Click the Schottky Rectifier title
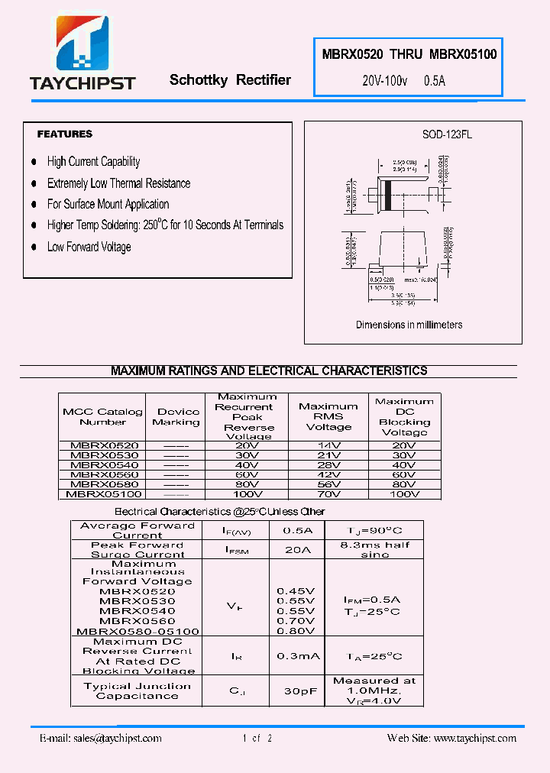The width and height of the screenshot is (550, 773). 230,80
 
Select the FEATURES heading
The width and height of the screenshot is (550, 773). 65,134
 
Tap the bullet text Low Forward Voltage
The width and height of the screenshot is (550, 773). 89,247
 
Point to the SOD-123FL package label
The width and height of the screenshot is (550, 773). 447,134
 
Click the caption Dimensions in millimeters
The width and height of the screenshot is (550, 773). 409,325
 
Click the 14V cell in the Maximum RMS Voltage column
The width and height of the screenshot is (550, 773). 328,445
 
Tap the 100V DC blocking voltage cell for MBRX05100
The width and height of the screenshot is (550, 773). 404,494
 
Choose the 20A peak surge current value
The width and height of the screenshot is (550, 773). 297,549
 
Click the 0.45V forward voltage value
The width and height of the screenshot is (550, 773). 296,590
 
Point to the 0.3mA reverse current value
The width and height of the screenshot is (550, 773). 297,656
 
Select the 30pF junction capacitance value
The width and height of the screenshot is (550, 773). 297,691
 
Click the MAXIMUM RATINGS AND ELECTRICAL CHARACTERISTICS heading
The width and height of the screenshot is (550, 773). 269,371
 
